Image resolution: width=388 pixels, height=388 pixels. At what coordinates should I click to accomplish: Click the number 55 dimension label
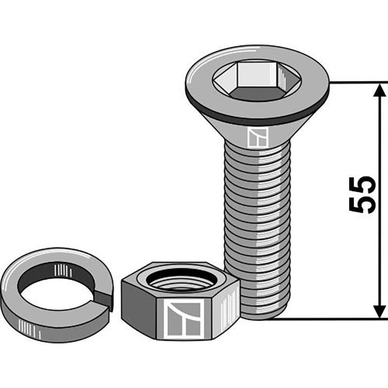tap(362, 194)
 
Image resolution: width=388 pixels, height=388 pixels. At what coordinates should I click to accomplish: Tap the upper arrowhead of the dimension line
tap(379, 90)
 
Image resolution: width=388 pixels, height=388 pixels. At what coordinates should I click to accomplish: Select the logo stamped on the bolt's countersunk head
tap(258, 138)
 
